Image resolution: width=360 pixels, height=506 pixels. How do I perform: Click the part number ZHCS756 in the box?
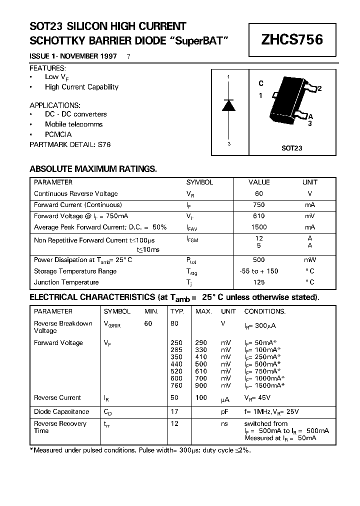pyautogui.click(x=292, y=40)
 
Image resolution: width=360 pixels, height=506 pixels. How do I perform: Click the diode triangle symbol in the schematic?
pyautogui.click(x=229, y=105)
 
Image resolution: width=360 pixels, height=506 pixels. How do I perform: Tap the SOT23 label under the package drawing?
pyautogui.click(x=292, y=148)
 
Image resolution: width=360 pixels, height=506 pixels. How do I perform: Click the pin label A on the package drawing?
pyautogui.click(x=310, y=116)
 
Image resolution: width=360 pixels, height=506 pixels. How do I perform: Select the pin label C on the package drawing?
pyautogui.click(x=261, y=84)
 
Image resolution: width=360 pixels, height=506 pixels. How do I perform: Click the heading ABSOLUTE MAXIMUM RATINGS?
pyautogui.click(x=93, y=169)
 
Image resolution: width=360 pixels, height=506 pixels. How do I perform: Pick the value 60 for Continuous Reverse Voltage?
pyautogui.click(x=258, y=193)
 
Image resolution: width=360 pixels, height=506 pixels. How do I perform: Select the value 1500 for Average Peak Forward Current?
pyautogui.click(x=258, y=227)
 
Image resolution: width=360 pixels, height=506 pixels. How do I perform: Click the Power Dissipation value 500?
pyautogui.click(x=258, y=260)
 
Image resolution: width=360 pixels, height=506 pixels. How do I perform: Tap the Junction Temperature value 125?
pyautogui.click(x=258, y=282)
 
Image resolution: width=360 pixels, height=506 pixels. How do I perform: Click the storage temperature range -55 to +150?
pyautogui.click(x=258, y=271)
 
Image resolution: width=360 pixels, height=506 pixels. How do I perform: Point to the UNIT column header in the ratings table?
pyautogui.click(x=309, y=182)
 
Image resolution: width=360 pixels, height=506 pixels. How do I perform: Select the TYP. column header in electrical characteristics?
pyautogui.click(x=177, y=311)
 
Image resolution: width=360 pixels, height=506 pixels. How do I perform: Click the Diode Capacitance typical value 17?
pyautogui.click(x=174, y=411)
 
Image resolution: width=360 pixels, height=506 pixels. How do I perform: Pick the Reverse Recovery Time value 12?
pyautogui.click(x=174, y=423)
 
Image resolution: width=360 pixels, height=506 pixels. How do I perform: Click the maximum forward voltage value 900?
pyautogui.click(x=201, y=385)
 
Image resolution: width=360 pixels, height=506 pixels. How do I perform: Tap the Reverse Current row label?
pyautogui.click(x=57, y=398)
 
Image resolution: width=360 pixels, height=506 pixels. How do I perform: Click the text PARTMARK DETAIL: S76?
pyautogui.click(x=70, y=144)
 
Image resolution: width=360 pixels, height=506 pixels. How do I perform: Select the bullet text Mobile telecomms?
pyautogui.click(x=73, y=124)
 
